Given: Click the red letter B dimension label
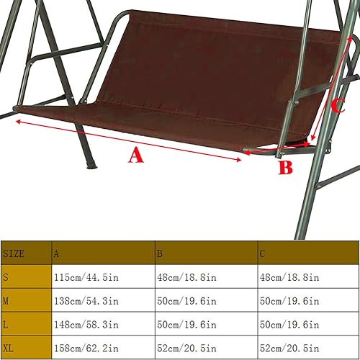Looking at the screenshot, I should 286,168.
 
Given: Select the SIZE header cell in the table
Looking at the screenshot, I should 14,253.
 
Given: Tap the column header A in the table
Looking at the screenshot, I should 57,253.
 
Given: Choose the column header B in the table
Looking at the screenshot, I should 161,253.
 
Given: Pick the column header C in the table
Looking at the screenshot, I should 264,253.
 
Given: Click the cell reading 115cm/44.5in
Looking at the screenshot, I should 84,277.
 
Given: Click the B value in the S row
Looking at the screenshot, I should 186,277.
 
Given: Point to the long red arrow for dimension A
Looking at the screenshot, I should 130,140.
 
